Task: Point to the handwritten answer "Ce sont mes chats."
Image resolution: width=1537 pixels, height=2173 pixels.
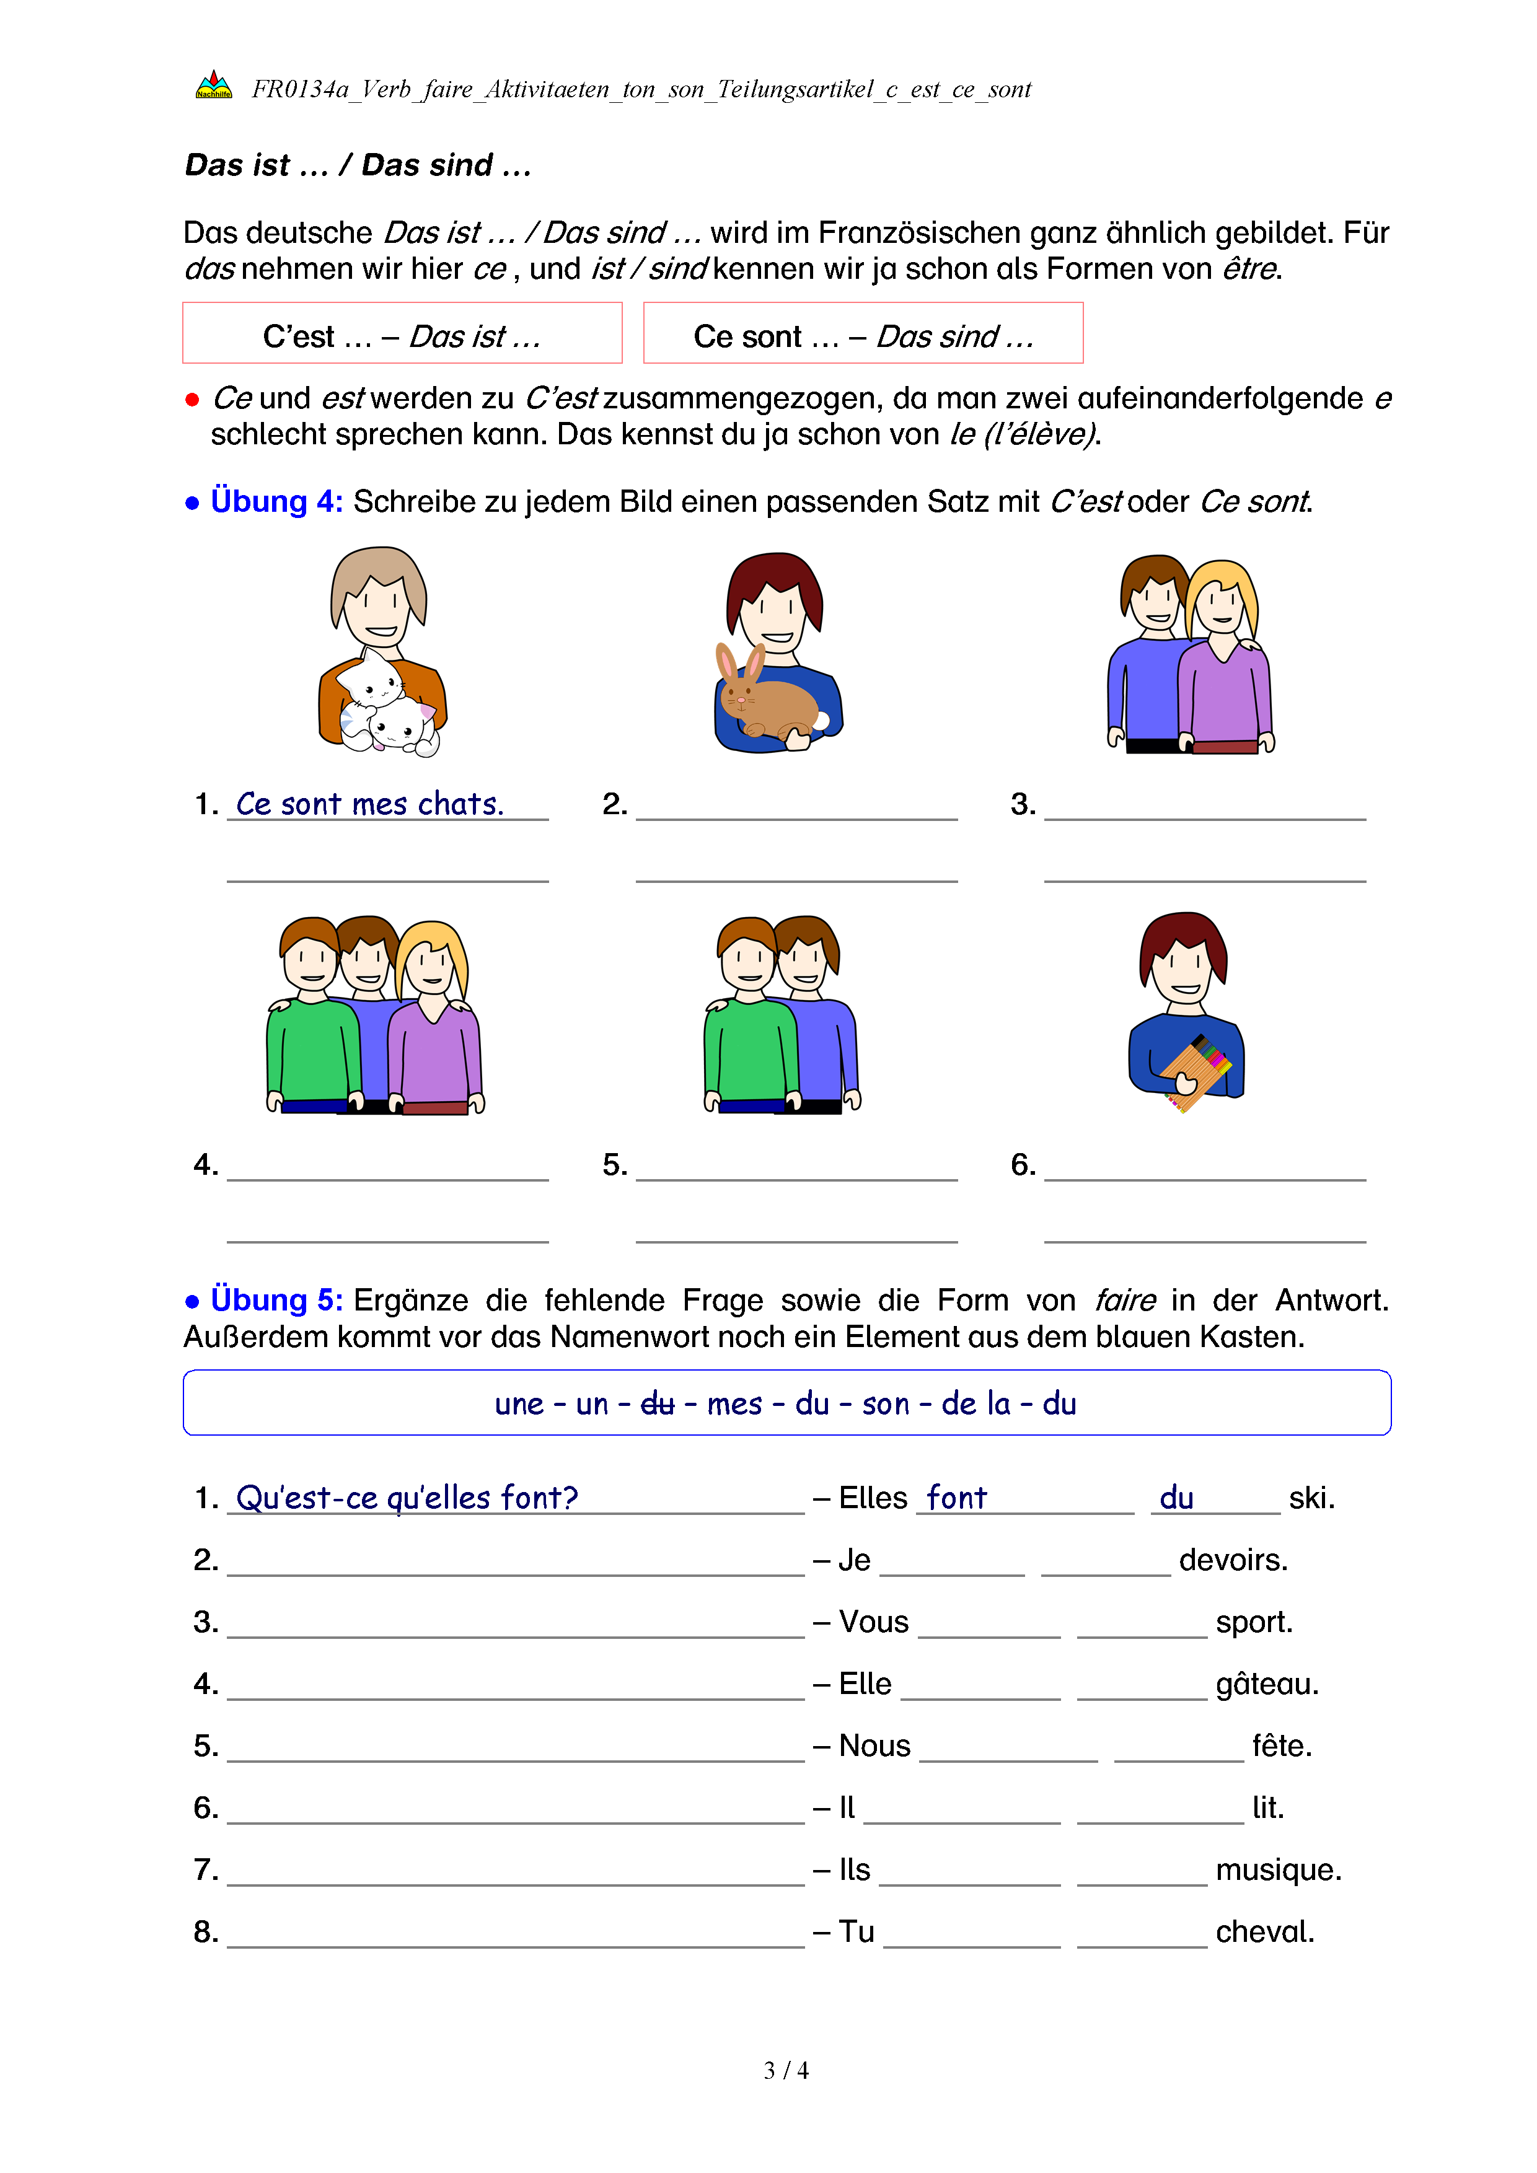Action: [369, 804]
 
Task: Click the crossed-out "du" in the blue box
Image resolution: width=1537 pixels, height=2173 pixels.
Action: [657, 1403]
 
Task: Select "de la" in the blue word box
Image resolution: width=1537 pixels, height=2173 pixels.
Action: [975, 1403]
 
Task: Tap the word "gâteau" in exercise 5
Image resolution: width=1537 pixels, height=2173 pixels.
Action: [1266, 1685]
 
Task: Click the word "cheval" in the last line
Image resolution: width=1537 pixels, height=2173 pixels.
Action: [1264, 1932]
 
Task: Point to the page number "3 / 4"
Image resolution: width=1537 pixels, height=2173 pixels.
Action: [785, 2071]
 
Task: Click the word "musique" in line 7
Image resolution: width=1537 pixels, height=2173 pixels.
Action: [1278, 1870]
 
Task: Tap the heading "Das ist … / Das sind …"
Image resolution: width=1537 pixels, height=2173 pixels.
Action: [358, 165]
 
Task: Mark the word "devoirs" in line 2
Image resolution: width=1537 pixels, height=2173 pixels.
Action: [1233, 1560]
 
